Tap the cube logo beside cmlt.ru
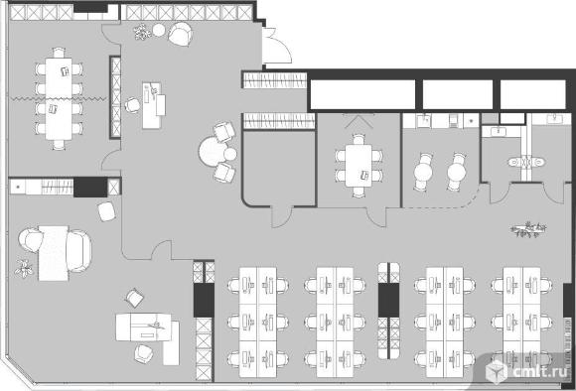tap(497, 371)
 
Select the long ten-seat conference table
tap(59, 98)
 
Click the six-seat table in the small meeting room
tap(359, 166)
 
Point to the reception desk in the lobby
tap(153, 105)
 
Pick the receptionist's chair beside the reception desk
tap(132, 105)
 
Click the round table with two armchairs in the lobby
tap(214, 151)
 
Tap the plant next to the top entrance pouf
tap(142, 32)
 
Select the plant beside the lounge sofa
tap(24, 268)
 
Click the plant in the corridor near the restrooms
tap(528, 230)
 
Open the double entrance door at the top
tap(276, 46)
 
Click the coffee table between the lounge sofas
tap(54, 253)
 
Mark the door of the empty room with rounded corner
tap(282, 217)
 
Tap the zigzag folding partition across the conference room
tap(58, 98)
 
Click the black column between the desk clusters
tap(388, 300)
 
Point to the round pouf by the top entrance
tap(159, 30)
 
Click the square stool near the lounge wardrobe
tap(107, 211)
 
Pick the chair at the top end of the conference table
tap(59, 53)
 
